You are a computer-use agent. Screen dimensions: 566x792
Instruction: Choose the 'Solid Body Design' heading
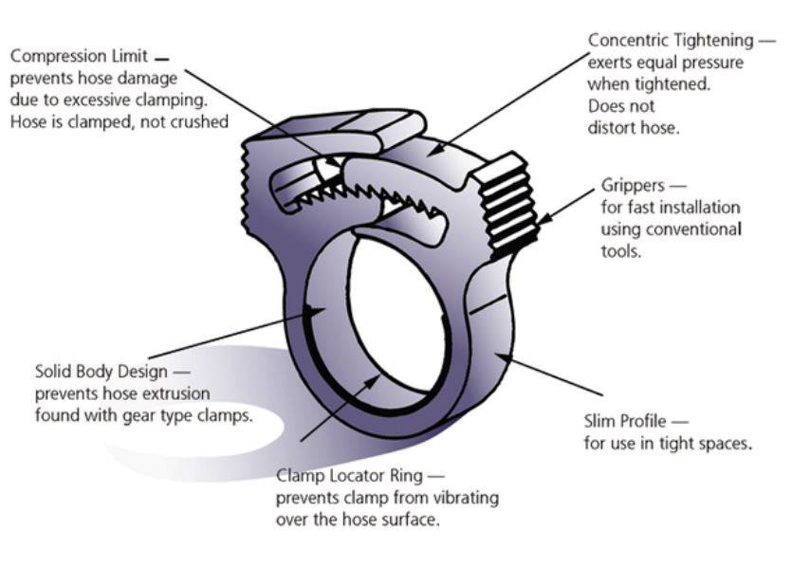pos(100,372)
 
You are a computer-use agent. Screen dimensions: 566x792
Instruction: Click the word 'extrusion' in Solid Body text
pos(176,393)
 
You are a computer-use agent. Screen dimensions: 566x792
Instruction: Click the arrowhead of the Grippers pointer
pos(543,222)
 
